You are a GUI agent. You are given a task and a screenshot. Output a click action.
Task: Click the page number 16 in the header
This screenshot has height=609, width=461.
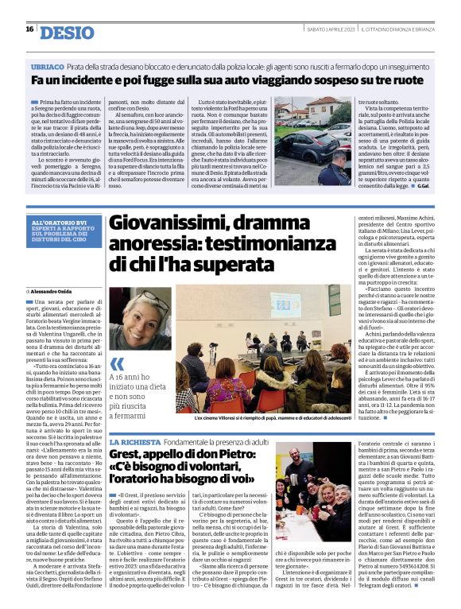(x=29, y=29)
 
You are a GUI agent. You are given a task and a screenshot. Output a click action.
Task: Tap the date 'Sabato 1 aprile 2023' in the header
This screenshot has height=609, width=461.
(x=330, y=29)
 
